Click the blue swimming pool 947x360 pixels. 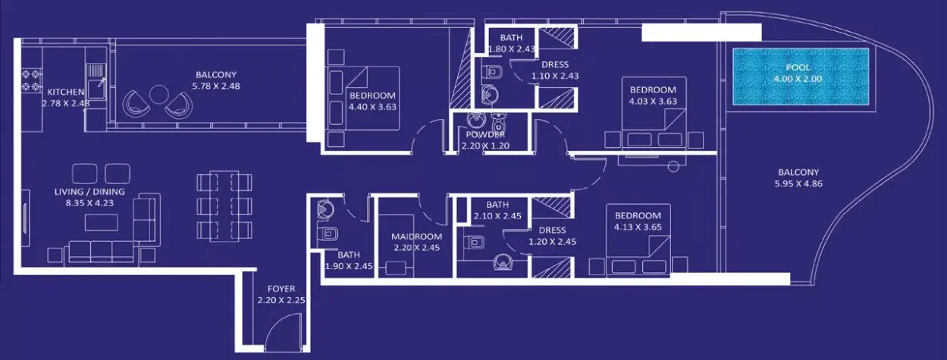coord(801,76)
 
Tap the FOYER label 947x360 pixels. coord(281,289)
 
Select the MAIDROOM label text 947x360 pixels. coord(416,236)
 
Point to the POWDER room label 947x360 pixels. coord(485,135)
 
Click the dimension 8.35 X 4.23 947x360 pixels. coord(89,203)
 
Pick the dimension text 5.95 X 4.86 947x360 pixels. coord(798,184)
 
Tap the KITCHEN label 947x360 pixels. coord(65,92)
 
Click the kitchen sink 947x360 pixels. coord(96,82)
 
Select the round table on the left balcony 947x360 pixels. coord(159,95)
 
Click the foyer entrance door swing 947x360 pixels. coord(284,332)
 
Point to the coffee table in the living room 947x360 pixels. coord(102,223)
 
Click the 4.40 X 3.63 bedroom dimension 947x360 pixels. coord(372,107)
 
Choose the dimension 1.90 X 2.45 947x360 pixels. coord(349,267)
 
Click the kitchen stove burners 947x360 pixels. coord(32,80)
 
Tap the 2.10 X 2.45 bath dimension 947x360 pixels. coord(497,216)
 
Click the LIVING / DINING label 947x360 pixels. coord(89,192)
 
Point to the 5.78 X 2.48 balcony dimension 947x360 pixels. coord(216,86)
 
